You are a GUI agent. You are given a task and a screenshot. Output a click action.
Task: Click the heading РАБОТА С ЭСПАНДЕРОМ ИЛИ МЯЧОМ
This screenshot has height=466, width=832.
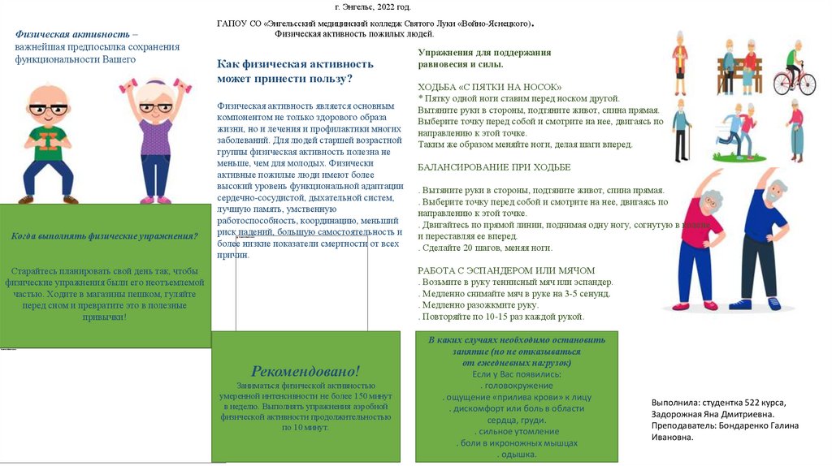506,270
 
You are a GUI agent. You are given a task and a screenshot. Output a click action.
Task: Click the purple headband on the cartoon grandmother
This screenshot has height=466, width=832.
153,84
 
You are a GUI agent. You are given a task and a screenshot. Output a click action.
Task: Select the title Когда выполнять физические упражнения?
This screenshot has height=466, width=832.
105,236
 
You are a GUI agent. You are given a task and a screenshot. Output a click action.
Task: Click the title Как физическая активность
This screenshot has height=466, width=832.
295,64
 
